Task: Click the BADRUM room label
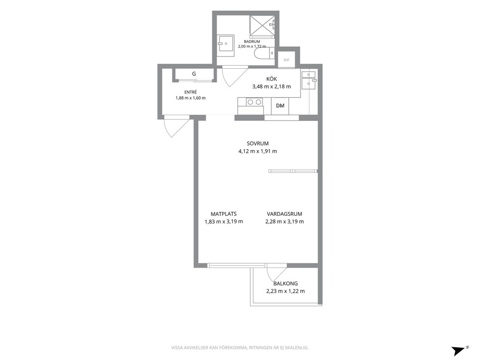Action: tap(252, 42)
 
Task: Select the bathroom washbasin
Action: tap(226, 45)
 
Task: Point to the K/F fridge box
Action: tap(286, 60)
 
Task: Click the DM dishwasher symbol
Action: tap(280, 106)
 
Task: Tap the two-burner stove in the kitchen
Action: tap(255, 102)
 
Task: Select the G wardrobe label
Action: tap(194, 74)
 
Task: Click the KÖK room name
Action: tap(271, 79)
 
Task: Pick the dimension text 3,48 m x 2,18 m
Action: tap(271, 87)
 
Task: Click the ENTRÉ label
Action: tap(191, 92)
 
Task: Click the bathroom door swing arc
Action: tap(235, 76)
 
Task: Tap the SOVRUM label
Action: tap(258, 144)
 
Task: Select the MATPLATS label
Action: tap(224, 214)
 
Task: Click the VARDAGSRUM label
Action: tap(285, 214)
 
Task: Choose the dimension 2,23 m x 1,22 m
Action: tap(285, 291)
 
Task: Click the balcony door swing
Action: tap(276, 273)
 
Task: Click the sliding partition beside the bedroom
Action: tap(293, 171)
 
